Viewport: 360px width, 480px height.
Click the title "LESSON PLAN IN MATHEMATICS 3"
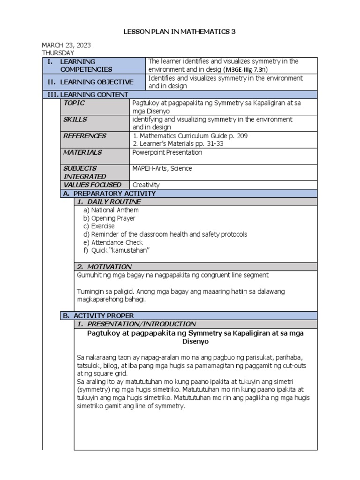pos(180,32)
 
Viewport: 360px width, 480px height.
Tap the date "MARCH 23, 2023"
pos(67,45)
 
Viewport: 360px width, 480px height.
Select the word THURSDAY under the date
pos(58,53)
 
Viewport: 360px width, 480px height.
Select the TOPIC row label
pos(75,103)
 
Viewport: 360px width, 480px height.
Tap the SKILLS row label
pos(75,120)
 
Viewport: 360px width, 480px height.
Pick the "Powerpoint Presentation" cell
pos(168,152)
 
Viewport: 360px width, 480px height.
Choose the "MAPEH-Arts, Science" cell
pos(162,169)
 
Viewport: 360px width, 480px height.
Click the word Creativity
pos(146,185)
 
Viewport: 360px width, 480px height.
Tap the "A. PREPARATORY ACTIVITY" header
pos(109,194)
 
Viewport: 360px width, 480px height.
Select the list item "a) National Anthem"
pos(111,210)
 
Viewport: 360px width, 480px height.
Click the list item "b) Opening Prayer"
pos(109,218)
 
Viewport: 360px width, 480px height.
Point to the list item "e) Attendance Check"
pos(113,242)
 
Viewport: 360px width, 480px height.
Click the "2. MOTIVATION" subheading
pos(105,267)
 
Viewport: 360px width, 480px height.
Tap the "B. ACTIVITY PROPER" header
pos(98,316)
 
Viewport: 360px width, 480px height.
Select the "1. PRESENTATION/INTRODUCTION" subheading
pos(136,324)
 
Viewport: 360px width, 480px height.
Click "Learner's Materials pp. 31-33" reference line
pos(178,144)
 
